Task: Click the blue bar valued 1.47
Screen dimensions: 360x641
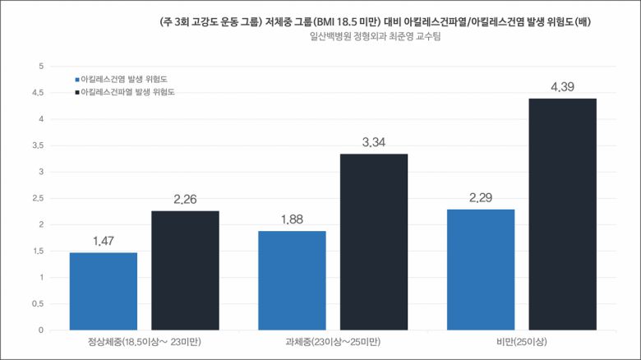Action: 103,291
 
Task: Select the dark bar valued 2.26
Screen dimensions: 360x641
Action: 185,270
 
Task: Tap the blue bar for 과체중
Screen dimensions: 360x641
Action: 292,280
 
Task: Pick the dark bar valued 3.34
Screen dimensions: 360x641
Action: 374,242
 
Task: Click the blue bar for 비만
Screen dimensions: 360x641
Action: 480,270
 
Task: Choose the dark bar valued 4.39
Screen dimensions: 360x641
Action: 562,214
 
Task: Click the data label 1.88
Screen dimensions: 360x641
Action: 292,219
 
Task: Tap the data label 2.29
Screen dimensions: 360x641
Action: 480,198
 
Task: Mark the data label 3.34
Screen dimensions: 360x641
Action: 374,142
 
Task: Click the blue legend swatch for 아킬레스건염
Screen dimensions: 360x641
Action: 76,80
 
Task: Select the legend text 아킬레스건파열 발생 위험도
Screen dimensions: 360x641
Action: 127,93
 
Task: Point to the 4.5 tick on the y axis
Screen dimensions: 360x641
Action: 37,93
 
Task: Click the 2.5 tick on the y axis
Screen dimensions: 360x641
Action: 37,198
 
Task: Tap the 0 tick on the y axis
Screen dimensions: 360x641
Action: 40,330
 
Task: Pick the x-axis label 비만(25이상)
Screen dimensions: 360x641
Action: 521,342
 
